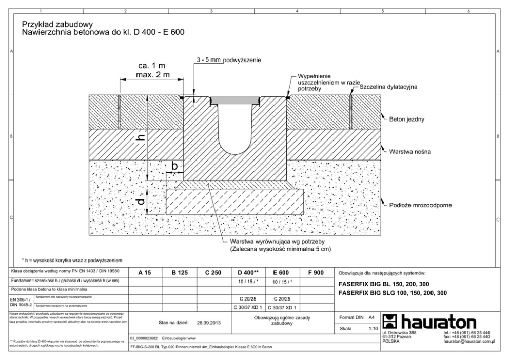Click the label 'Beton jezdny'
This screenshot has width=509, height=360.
click(x=407, y=119)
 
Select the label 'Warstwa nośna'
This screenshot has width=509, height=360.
click(x=409, y=152)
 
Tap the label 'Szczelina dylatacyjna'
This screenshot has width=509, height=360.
click(x=388, y=87)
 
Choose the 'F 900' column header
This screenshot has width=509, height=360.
click(x=315, y=273)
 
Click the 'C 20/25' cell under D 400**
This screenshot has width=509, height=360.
click(x=248, y=298)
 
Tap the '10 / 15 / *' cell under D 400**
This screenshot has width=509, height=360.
click(x=248, y=281)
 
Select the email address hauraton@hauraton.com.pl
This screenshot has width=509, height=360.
click(x=469, y=340)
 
